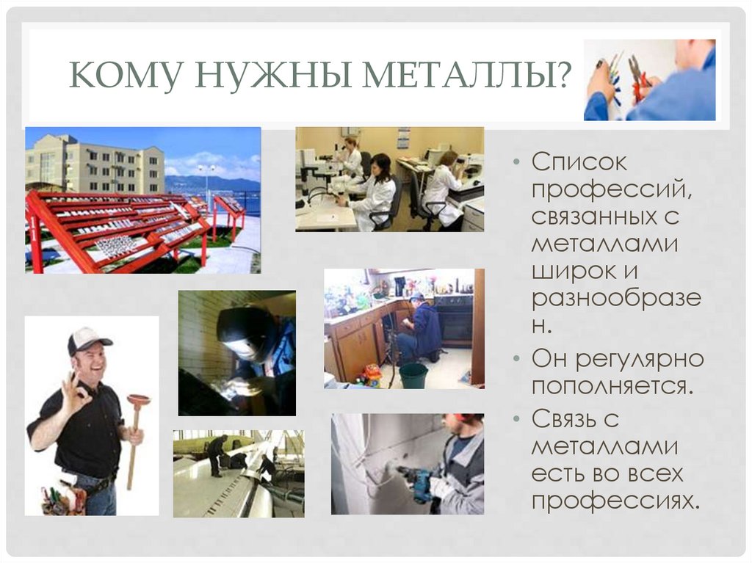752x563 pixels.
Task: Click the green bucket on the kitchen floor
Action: [x=413, y=375]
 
